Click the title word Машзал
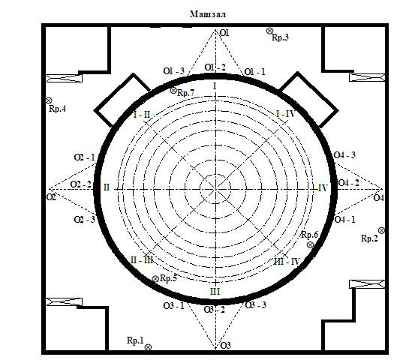(208, 14)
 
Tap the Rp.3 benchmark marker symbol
(269, 31)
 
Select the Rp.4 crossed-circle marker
(49, 100)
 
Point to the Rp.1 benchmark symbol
(148, 347)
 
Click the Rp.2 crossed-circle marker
(381, 230)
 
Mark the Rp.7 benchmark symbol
(173, 91)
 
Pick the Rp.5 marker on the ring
(155, 279)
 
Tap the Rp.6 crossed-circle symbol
(311, 244)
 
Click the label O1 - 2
(215, 67)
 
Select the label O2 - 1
(84, 157)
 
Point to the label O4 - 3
(344, 155)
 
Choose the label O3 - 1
(173, 306)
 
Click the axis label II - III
(142, 260)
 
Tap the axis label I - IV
(285, 114)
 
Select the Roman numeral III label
(215, 292)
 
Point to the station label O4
(379, 198)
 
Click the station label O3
(225, 346)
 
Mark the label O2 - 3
(84, 220)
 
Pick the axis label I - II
(142, 115)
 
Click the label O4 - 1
(344, 220)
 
